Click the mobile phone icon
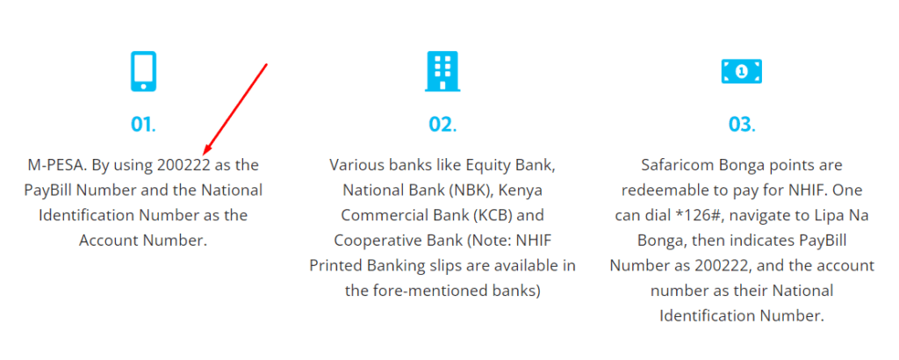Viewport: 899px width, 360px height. [x=143, y=71]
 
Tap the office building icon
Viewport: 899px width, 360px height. [x=442, y=71]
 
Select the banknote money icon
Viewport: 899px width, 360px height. [x=741, y=71]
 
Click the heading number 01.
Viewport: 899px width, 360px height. [x=143, y=125]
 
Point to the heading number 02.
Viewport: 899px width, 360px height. [x=442, y=125]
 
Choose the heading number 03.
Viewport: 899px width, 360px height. [x=741, y=125]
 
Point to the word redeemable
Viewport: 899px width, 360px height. [x=659, y=190]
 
